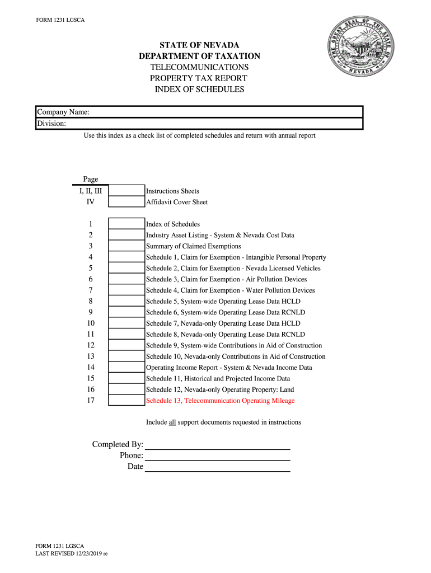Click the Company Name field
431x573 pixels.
(224, 112)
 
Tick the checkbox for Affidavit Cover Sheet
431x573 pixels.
(126, 202)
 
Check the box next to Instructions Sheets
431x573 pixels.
(126, 191)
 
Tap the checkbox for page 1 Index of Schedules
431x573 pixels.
(126, 224)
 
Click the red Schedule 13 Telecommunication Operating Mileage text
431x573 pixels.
(220, 401)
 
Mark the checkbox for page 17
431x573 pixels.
(126, 401)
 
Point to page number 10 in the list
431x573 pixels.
(91, 323)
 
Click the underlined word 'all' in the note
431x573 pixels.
(172, 422)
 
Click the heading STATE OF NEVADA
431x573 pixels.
(199, 45)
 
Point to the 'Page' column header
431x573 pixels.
(91, 179)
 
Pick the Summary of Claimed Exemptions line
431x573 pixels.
(194, 246)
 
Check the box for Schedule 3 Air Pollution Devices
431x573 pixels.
(126, 279)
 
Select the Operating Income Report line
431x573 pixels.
(229, 368)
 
